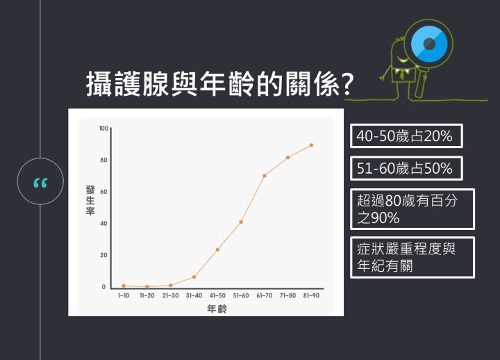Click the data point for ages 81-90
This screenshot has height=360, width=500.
point(311,145)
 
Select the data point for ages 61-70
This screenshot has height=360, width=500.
point(265,176)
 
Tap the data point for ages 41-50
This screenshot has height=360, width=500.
point(217,249)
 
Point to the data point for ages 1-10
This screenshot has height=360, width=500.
point(124,286)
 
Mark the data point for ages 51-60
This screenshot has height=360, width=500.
point(241,222)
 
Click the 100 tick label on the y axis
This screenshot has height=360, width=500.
point(104,129)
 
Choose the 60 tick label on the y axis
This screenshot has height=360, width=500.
point(103,192)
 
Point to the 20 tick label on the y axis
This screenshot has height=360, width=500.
point(103,255)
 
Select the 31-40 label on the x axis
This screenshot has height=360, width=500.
point(194,295)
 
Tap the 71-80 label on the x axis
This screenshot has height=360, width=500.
point(287,295)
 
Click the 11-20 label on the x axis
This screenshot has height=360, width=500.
point(147,295)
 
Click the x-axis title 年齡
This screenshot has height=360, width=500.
point(217,309)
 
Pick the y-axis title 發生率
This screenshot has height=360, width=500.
point(90,201)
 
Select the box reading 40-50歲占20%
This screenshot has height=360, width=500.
point(405,136)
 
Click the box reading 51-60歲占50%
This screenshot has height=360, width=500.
point(405,168)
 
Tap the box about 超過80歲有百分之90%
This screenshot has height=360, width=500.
point(412,209)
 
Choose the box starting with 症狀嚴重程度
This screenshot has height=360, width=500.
point(412,257)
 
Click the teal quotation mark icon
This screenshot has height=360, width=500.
point(40,182)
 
